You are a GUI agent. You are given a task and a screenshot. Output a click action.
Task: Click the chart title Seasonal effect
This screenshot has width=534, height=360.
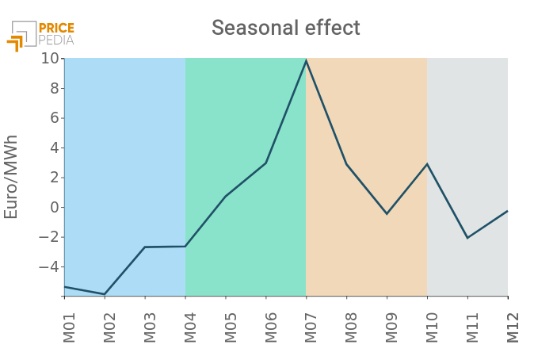pos(285,28)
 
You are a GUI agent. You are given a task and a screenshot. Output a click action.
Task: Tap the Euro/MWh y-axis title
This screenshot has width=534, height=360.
pos(11,177)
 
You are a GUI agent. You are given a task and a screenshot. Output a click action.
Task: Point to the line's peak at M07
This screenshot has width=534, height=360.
pos(306,60)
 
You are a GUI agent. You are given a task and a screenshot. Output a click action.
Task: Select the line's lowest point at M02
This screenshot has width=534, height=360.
pos(105,294)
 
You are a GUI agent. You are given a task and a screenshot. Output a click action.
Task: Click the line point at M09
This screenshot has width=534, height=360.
pos(387,214)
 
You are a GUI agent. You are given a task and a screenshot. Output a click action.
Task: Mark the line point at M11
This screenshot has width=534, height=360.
pos(467,238)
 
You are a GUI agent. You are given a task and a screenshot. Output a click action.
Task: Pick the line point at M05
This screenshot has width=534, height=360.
pos(225,196)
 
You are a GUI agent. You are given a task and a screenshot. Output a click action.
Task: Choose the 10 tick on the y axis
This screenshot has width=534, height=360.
pos(49,59)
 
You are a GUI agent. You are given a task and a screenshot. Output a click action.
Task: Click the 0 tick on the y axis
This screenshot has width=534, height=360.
pos(53,208)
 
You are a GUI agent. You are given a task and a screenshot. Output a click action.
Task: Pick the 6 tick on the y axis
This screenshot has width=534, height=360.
pos(53,118)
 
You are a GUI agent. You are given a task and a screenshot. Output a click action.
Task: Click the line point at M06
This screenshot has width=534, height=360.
pos(265,163)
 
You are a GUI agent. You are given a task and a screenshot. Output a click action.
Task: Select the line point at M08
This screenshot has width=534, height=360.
pos(346,164)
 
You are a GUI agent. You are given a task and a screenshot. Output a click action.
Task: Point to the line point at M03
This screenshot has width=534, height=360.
pos(145,247)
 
